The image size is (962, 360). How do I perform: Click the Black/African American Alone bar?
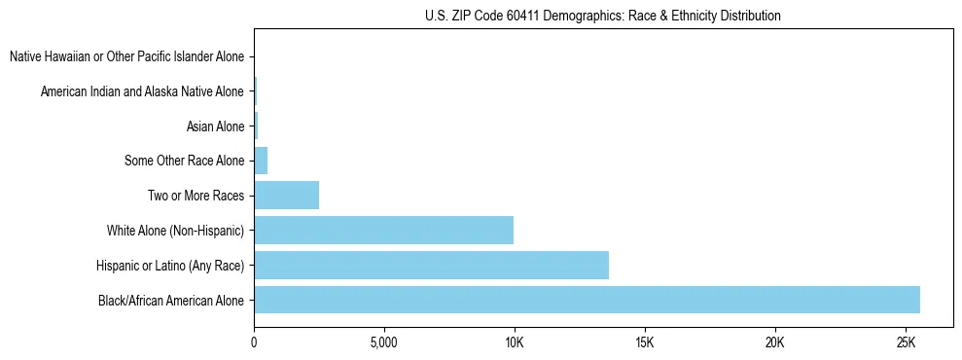coord(587,300)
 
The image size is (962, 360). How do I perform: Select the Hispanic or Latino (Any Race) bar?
coord(431,265)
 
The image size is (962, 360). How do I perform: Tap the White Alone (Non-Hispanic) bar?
coord(383,231)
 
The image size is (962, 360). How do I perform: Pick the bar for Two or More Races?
coord(286,196)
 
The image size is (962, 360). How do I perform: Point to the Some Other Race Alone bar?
coord(261,161)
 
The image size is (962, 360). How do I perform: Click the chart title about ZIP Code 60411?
coord(603,16)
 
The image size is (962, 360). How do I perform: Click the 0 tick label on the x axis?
coord(254,343)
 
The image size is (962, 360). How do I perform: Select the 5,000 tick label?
coord(384,343)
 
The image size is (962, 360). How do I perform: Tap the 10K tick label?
coord(515,343)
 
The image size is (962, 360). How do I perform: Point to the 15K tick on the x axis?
coord(645,343)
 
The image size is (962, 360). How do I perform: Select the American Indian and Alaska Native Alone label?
coord(142,91)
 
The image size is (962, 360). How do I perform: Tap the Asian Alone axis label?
coord(215,126)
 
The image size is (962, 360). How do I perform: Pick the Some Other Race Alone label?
coord(185,161)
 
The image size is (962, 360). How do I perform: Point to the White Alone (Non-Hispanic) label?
coord(175,231)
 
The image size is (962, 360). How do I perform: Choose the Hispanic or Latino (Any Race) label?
coord(170,265)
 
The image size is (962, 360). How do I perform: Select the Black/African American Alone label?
coord(171,300)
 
